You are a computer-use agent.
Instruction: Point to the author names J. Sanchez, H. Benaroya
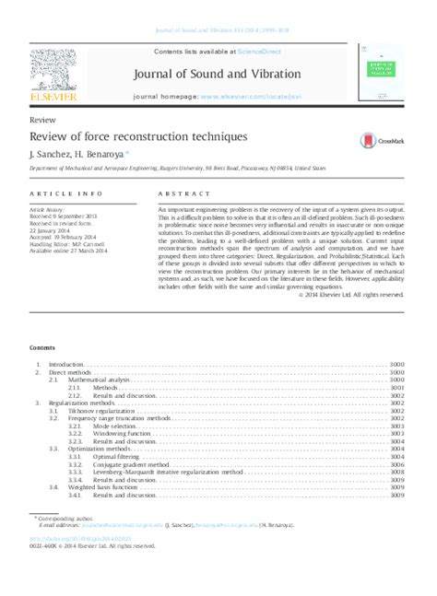(x=81, y=154)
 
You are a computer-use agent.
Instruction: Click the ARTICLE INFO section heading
(x=66, y=195)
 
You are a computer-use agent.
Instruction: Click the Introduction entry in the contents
(x=66, y=365)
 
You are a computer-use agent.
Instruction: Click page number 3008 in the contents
(x=397, y=473)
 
